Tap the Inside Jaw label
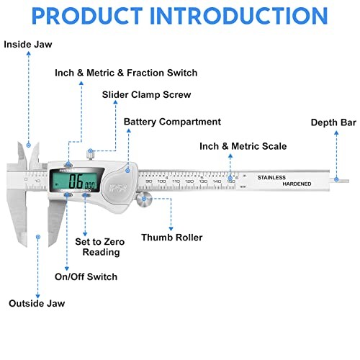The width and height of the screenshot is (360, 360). click(27, 44)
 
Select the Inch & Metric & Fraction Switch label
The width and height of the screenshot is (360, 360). click(126, 73)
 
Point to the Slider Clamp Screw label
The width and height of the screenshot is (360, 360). click(146, 95)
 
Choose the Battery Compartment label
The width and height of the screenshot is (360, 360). click(173, 122)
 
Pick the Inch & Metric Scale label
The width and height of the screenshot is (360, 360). click(243, 146)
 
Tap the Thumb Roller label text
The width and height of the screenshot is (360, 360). click(171, 237)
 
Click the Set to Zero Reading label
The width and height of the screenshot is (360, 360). click(97, 247)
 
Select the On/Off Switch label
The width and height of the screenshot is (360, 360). click(86, 276)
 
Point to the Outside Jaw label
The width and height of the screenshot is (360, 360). click(36, 303)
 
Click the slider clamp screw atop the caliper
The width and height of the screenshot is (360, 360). click(90, 153)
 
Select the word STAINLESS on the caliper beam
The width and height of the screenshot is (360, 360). click(271, 176)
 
